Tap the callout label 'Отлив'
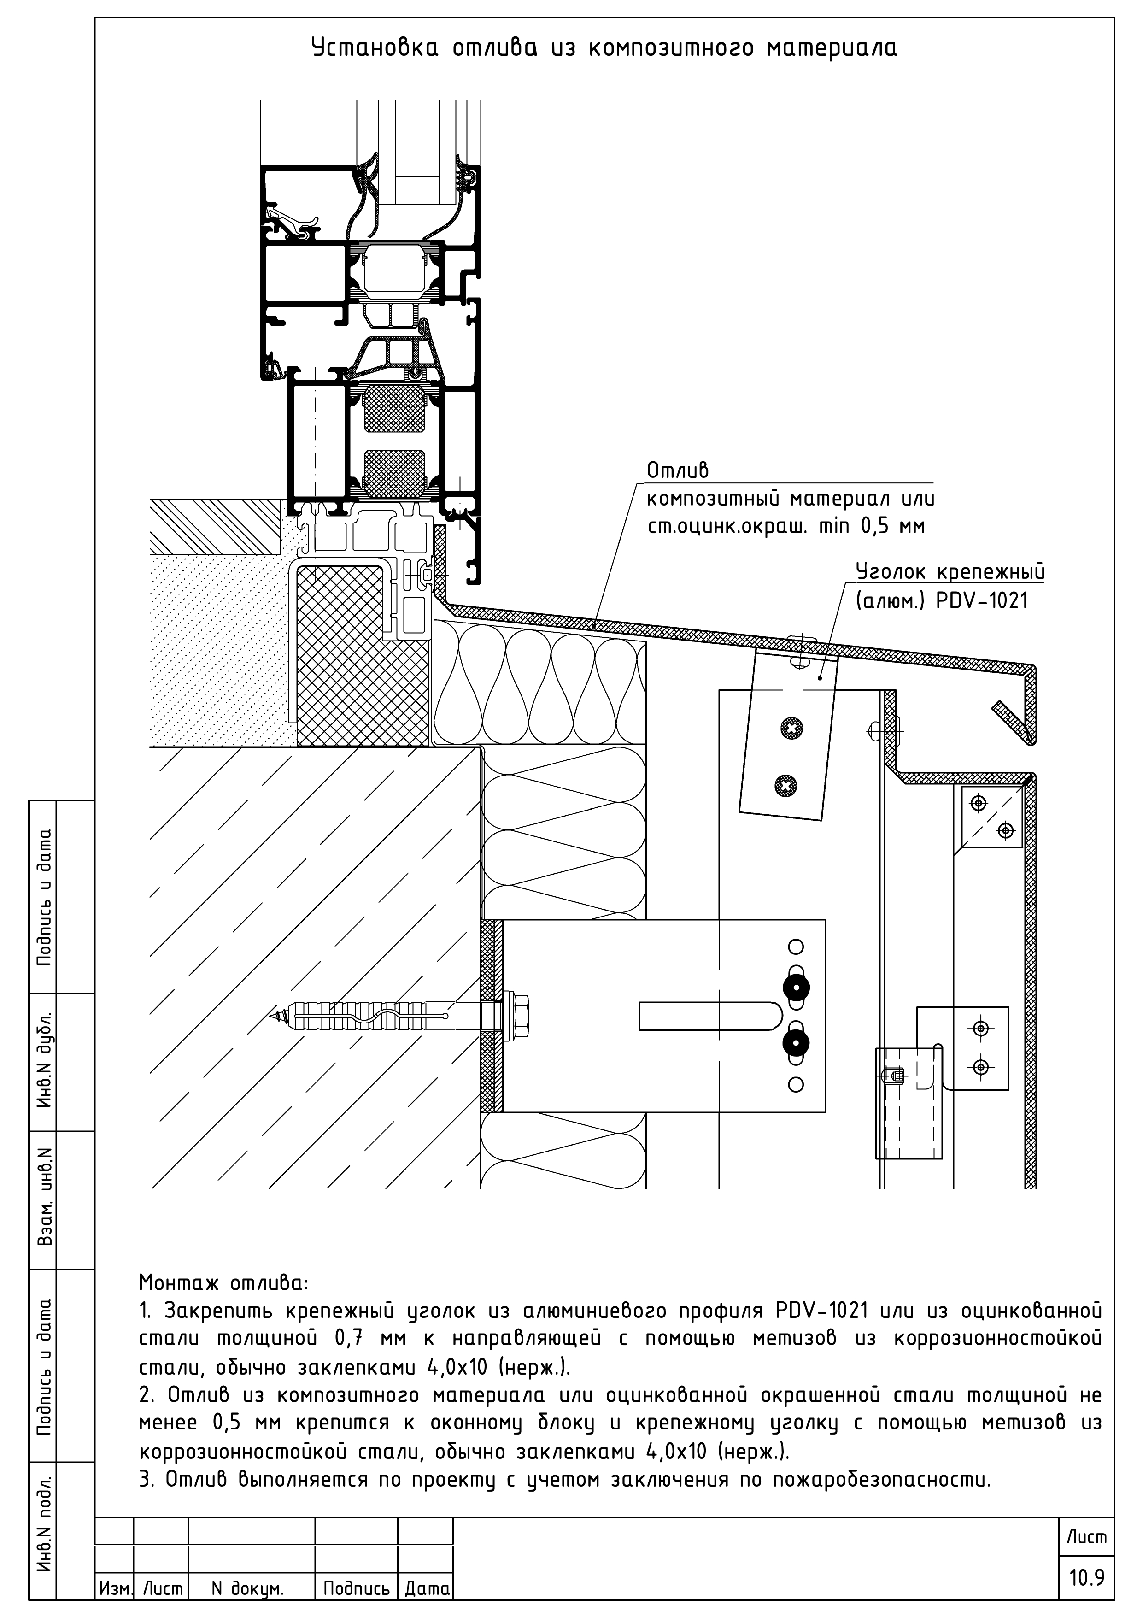[678, 470]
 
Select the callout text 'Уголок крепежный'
[950, 571]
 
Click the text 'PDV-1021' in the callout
[982, 601]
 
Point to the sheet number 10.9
[1087, 1577]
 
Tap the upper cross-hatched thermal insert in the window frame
[394, 408]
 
